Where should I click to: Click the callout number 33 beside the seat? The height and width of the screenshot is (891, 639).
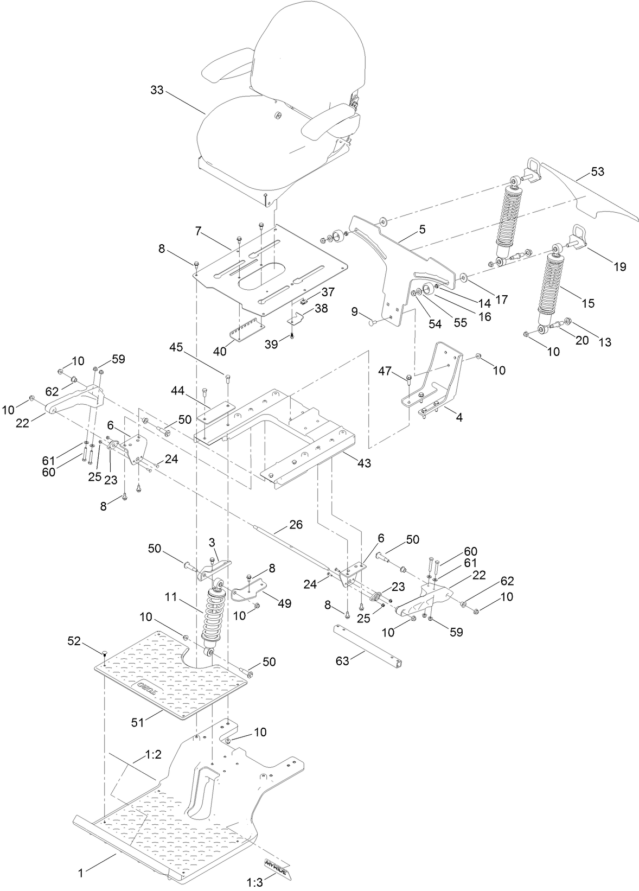coord(157,90)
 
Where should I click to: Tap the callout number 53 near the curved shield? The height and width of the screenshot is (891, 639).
coord(597,172)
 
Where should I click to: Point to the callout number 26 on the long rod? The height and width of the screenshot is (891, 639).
coord(296,525)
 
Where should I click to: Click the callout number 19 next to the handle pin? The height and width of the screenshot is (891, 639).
coord(620,266)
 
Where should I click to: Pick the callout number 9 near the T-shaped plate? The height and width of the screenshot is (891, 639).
coord(354,311)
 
